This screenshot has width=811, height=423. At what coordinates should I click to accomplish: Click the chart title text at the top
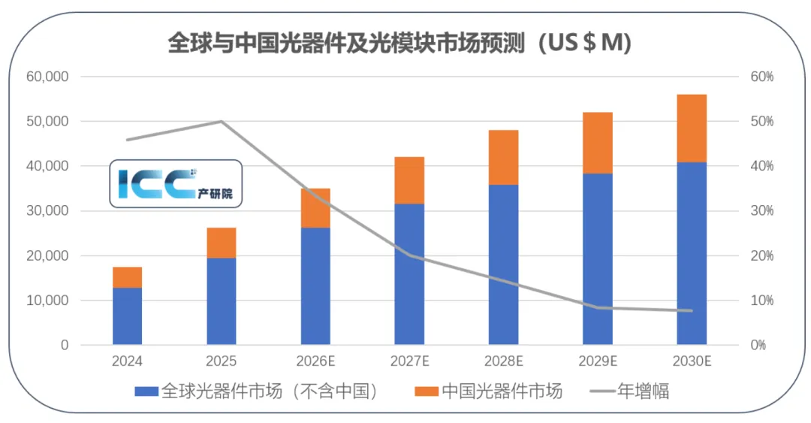[x=399, y=43]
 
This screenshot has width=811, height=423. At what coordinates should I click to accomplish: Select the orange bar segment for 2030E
[x=692, y=128]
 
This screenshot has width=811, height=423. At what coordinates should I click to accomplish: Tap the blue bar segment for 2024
[x=128, y=316]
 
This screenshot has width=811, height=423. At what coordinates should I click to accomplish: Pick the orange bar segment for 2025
[x=222, y=243]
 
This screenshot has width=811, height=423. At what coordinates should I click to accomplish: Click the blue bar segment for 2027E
[x=409, y=274]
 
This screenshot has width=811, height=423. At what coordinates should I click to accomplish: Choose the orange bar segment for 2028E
[x=503, y=157]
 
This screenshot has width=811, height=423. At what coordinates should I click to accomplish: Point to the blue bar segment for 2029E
[x=598, y=259]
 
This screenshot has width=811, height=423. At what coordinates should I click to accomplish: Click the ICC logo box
[x=176, y=183]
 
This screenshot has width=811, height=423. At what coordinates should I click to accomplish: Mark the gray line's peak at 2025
[x=222, y=121]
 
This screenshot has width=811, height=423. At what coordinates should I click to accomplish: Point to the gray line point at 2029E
[x=598, y=307]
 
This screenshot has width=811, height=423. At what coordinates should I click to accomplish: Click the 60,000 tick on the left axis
[x=47, y=77]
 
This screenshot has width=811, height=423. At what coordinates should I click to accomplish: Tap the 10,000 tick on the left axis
[x=47, y=301]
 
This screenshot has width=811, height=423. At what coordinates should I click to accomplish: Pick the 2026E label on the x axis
[x=315, y=361]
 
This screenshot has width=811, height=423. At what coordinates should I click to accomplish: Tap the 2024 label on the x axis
[x=127, y=361]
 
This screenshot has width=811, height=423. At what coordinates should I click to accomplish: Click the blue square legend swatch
[x=146, y=391]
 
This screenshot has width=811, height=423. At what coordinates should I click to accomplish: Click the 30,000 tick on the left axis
[x=47, y=211]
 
